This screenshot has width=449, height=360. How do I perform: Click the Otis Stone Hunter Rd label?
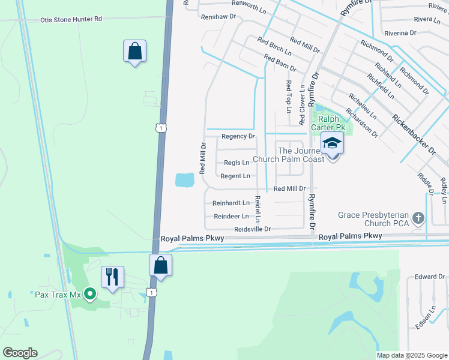[x=71, y=19]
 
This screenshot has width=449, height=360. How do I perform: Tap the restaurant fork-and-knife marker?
[x=112, y=277]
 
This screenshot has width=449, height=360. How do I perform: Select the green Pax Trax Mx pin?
[x=90, y=294]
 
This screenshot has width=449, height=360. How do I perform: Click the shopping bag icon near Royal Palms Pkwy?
[x=161, y=265]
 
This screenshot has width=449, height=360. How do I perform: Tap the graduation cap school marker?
[x=331, y=144]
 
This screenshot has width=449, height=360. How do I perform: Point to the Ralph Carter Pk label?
[x=328, y=124]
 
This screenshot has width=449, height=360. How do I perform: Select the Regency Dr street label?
[x=238, y=137]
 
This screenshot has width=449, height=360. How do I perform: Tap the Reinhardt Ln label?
[x=231, y=203]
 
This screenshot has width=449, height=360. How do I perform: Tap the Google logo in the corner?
[x=19, y=353]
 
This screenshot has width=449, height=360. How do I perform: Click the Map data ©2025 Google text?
[x=412, y=355]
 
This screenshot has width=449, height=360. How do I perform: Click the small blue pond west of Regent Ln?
[x=185, y=179]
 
